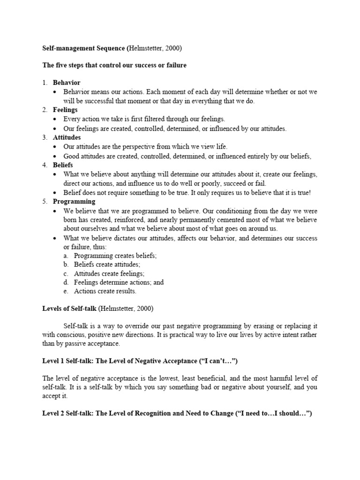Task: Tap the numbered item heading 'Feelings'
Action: (65, 110)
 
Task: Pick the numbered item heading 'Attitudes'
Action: (67, 137)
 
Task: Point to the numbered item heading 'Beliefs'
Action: (63, 165)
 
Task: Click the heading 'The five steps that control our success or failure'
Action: (114, 65)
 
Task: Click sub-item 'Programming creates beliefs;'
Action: (115, 256)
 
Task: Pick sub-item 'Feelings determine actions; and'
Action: (119, 282)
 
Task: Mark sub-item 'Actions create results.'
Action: (105, 291)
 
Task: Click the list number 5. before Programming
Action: (45, 202)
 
